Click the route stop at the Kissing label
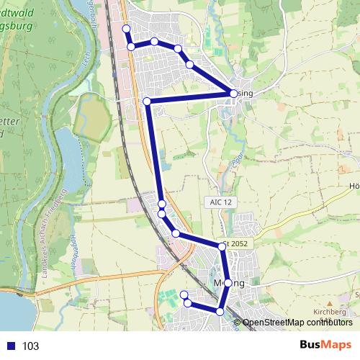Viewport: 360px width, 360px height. [x=233, y=93]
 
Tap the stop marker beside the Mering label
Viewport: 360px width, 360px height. [x=228, y=283]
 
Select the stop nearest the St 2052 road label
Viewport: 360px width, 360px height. [x=222, y=247]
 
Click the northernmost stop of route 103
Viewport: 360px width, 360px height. [x=126, y=28]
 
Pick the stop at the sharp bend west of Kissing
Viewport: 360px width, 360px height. [x=147, y=102]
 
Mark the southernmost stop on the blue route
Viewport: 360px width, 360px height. [x=220, y=311]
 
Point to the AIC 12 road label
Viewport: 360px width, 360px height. [x=220, y=203]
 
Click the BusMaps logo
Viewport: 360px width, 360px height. [x=325, y=345]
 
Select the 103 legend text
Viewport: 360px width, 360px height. [x=30, y=346]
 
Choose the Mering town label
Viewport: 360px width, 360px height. [x=230, y=284]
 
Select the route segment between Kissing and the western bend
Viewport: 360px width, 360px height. [x=190, y=97]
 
